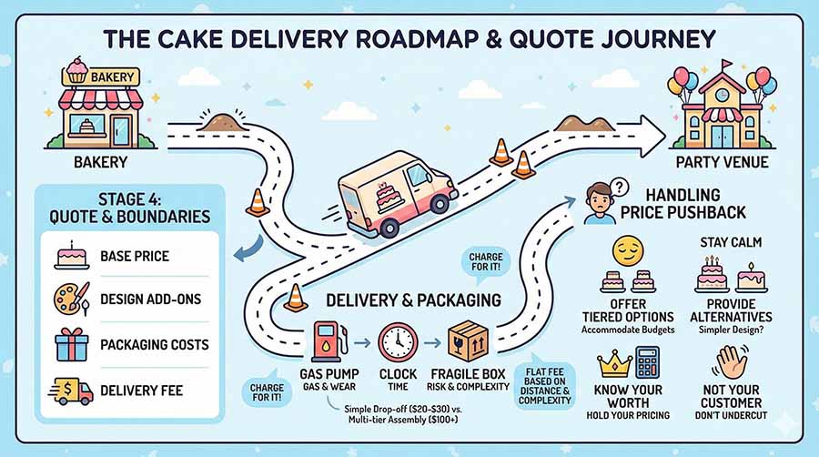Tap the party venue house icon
(x=724, y=107)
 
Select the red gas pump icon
(x=326, y=341)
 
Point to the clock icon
(x=398, y=342)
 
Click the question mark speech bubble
(x=622, y=186)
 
